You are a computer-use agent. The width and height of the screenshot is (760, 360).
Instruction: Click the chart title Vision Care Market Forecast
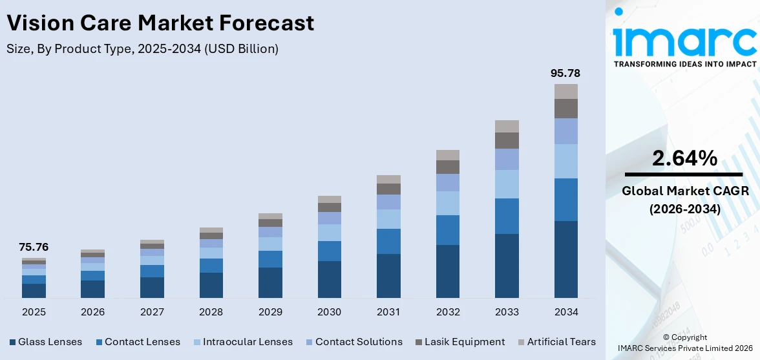160,23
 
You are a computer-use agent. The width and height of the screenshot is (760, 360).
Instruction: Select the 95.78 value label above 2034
565,73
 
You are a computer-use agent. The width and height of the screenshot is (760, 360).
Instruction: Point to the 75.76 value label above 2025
34,247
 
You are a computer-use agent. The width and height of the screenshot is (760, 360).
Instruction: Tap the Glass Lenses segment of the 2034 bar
565,259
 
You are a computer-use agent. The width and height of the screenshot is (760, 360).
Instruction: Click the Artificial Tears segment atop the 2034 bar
565,91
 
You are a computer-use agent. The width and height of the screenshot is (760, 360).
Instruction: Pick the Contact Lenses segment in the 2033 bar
507,216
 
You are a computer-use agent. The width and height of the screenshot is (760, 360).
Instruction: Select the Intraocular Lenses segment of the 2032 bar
447,203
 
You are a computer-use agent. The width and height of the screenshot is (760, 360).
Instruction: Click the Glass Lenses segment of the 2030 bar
329,279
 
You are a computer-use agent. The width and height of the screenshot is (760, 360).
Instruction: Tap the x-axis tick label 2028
211,312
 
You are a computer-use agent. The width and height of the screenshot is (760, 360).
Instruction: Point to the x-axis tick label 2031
388,312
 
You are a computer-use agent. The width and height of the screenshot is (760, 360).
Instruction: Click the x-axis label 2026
92,312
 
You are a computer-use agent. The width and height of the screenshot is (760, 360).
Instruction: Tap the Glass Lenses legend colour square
12,342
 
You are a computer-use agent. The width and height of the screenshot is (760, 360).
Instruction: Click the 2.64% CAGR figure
684,158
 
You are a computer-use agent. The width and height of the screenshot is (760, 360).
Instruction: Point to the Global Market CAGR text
684,191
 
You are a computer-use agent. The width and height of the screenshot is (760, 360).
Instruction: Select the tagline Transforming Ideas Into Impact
684,64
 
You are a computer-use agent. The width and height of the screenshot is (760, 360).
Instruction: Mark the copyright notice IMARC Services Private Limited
684,348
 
